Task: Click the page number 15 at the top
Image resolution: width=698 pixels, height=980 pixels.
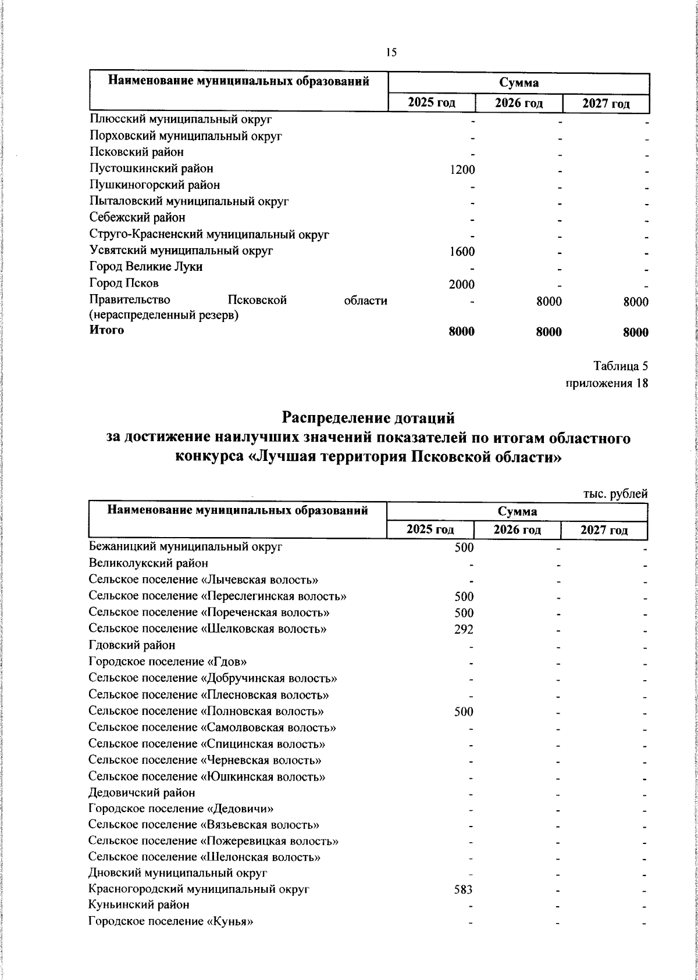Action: (391, 52)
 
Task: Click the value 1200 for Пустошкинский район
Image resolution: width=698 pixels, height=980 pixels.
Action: (463, 169)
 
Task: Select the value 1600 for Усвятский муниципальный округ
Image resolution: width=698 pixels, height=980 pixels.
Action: (463, 251)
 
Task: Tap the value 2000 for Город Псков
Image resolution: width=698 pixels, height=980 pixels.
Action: (463, 284)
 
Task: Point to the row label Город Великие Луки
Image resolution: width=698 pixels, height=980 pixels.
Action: (146, 267)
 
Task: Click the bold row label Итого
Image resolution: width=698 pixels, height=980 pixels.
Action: (106, 330)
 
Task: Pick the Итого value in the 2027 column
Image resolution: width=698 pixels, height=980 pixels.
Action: (635, 332)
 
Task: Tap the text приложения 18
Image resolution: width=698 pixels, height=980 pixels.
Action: (607, 383)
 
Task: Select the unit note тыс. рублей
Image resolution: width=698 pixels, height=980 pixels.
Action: (615, 493)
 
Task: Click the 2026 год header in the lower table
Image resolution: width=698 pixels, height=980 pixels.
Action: (517, 530)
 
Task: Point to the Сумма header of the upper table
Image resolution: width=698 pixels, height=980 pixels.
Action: (518, 83)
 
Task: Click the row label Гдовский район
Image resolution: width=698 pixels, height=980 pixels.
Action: (132, 645)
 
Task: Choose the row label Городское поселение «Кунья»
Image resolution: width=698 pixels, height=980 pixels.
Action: (171, 938)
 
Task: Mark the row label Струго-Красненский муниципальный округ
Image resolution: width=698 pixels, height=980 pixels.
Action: (209, 234)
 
